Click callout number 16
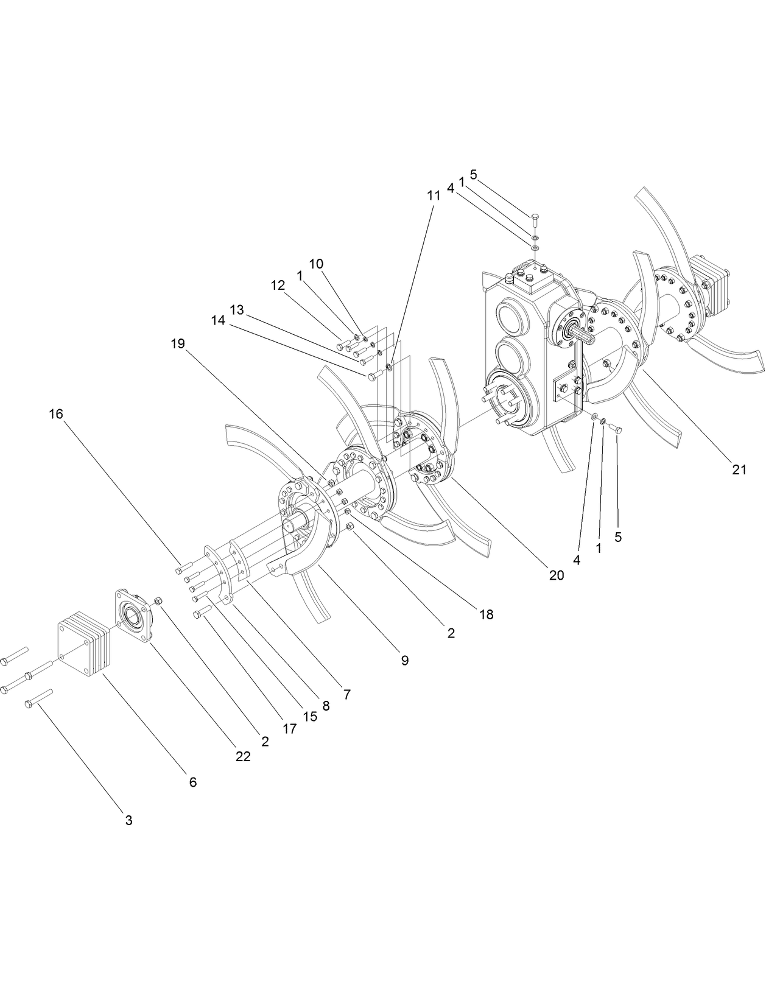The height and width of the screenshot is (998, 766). click(56, 414)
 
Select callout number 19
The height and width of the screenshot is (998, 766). click(177, 343)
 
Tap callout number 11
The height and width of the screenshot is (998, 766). click(433, 195)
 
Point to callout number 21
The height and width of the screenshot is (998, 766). click(739, 469)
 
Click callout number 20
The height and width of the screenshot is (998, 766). click(557, 575)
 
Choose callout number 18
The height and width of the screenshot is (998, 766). click(486, 614)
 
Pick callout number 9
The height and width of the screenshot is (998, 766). click(405, 660)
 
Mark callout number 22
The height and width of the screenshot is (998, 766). click(243, 757)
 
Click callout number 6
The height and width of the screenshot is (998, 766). click(193, 782)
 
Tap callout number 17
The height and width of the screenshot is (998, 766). click(290, 728)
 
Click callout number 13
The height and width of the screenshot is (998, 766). click(237, 310)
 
